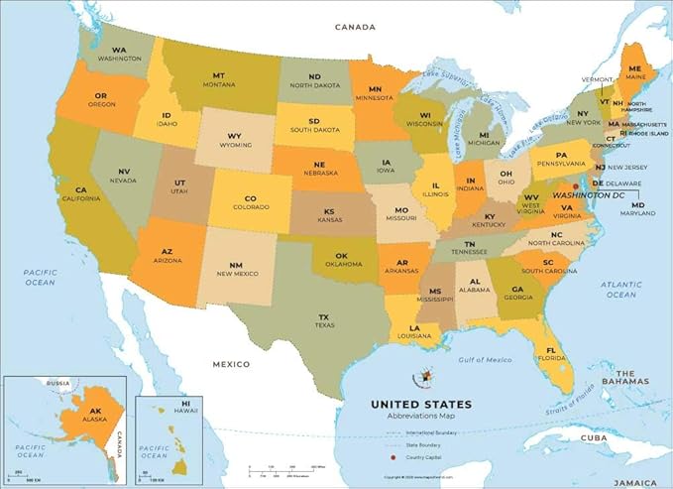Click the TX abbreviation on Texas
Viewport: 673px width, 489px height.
point(324,317)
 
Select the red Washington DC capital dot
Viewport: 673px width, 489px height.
point(576,185)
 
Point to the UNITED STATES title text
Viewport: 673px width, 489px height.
point(421,405)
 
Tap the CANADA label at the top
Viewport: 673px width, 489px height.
point(356,27)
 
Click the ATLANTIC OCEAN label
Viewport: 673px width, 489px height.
point(621,289)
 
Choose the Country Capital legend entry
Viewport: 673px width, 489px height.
point(424,458)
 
